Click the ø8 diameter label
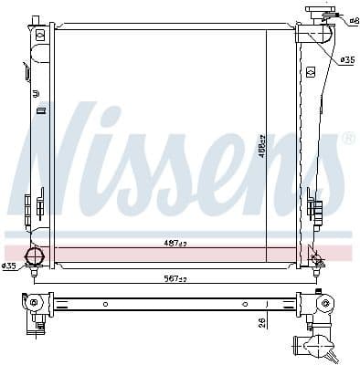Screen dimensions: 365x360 click(353, 18)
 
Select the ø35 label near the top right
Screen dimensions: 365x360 click(347, 60)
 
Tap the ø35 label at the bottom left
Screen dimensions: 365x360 click(9, 266)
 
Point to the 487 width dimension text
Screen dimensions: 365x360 click(175, 243)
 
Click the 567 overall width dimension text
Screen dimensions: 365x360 click(175, 280)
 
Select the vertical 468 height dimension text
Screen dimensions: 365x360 click(260, 146)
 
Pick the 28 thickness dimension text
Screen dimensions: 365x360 click(261, 320)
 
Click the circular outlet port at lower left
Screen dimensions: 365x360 click(34, 256)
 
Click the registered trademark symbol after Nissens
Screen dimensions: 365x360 click(348, 139)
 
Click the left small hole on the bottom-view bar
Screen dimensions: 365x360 click(105, 303)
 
